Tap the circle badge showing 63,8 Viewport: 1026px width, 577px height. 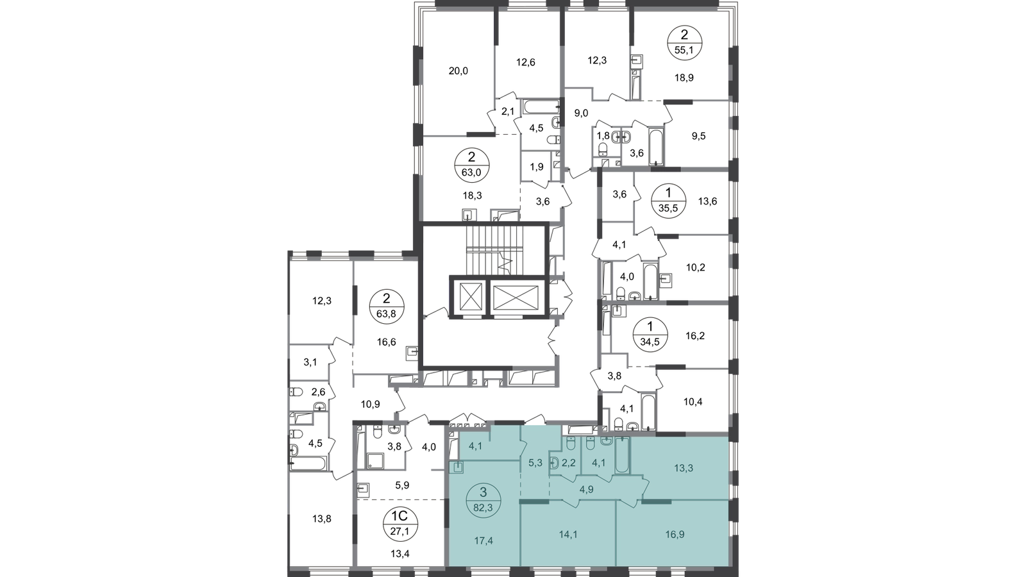386,305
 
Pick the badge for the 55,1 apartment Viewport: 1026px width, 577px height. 684,42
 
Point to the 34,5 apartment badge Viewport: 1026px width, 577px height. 650,334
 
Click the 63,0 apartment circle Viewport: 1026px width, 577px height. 472,165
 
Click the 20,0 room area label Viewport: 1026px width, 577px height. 458,71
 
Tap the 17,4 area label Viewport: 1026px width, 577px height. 484,541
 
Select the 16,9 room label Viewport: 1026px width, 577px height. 675,535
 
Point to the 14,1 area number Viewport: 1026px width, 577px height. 568,535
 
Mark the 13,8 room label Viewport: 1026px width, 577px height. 322,519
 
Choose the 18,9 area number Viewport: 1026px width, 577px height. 684,78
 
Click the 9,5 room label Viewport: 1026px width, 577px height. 698,137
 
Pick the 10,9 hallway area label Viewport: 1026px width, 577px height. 371,405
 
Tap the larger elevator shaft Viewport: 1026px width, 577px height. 516,297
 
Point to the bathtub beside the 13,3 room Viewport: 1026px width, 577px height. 623,455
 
